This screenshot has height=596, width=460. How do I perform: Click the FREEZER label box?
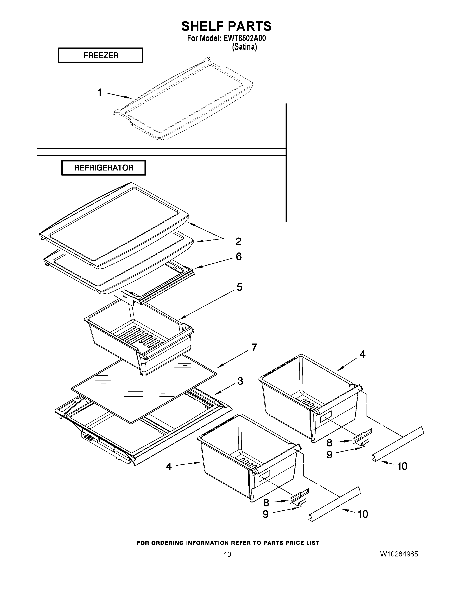(x=100, y=55)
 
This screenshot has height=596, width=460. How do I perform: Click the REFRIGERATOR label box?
(x=104, y=168)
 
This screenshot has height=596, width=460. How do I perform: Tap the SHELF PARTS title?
(x=226, y=26)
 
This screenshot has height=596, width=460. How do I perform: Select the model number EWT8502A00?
(x=244, y=38)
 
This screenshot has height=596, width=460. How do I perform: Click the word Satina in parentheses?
(x=244, y=47)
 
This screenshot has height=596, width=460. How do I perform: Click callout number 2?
(x=238, y=241)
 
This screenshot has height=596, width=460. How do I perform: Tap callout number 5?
(x=239, y=287)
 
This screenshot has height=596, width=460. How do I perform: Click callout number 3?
(x=240, y=381)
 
